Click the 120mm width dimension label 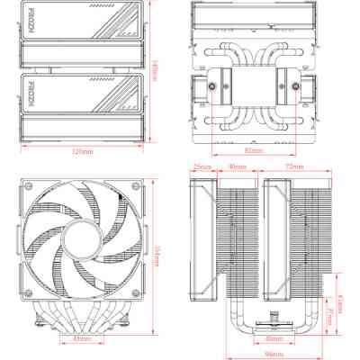(83, 151)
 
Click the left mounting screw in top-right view (212, 91)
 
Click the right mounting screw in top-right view (294, 91)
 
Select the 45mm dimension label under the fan (81, 339)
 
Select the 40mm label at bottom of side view (273, 340)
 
